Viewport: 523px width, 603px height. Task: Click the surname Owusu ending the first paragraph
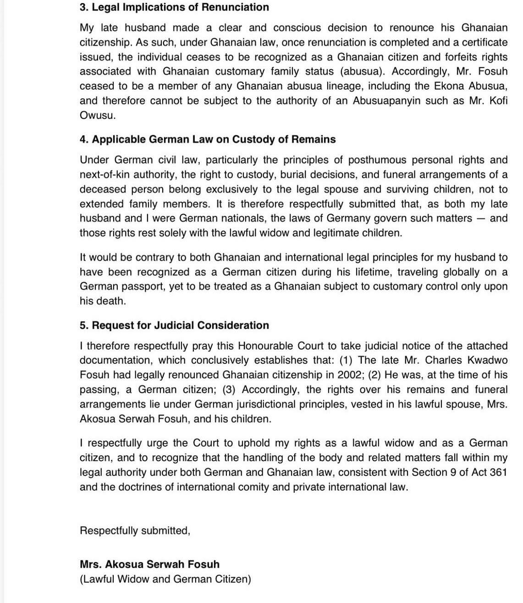point(98,115)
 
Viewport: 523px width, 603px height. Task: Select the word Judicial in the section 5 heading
point(173,325)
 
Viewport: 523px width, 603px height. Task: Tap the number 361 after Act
point(498,472)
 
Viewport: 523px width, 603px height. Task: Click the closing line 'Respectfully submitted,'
point(135,531)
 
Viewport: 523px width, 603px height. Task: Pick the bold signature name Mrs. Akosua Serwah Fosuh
point(149,564)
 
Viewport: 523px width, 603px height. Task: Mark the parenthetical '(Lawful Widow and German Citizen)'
point(165,579)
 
